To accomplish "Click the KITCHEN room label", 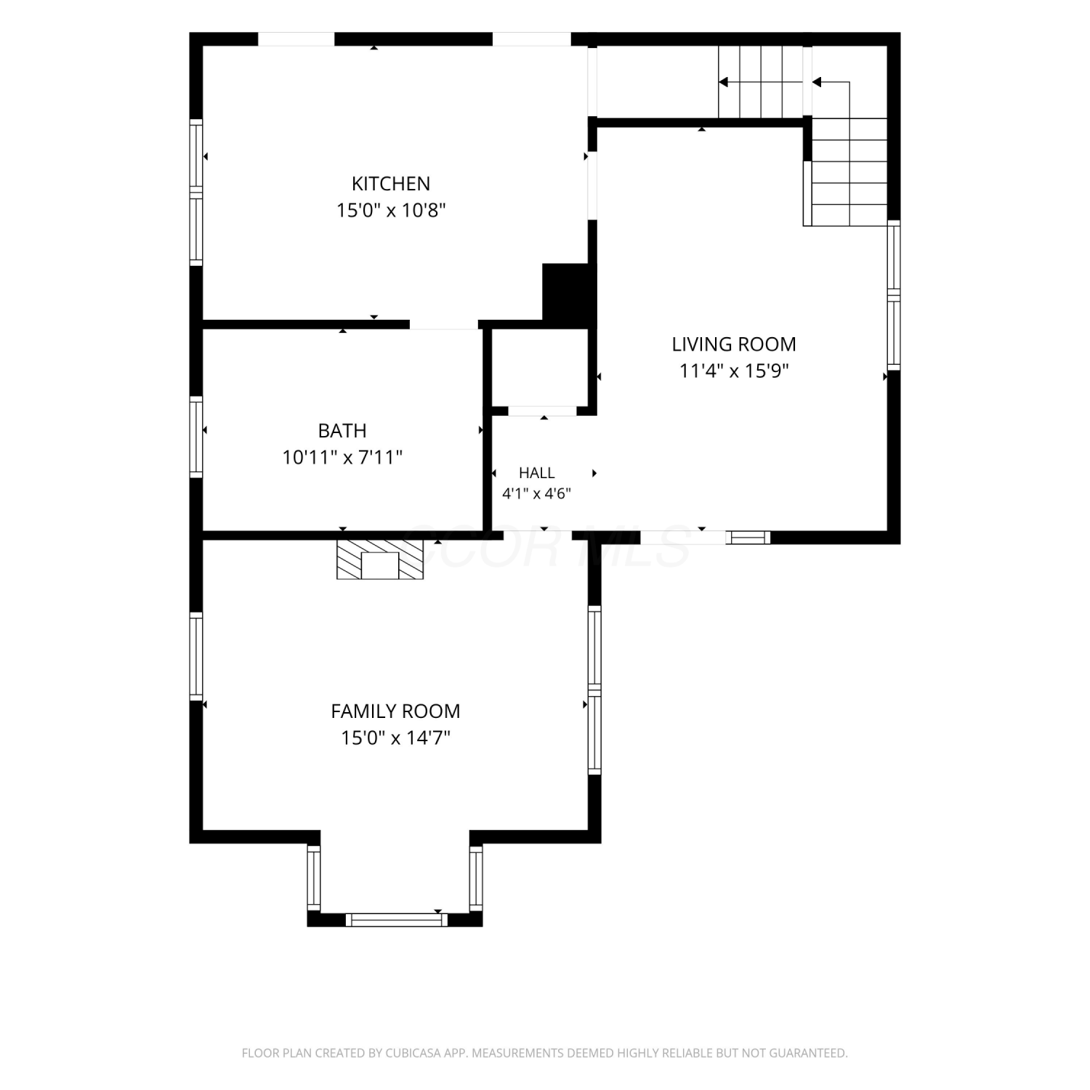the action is tap(391, 183).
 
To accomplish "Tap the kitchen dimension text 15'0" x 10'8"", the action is tap(391, 211).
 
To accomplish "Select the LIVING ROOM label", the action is tap(734, 344).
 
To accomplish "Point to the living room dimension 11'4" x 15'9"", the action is tap(734, 371).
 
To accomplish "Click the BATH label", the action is tap(342, 430).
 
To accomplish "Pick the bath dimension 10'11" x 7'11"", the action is tap(342, 458).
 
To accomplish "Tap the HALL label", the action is tap(537, 473).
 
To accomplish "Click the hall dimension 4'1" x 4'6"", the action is tap(537, 494).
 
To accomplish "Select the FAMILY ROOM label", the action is tap(395, 711).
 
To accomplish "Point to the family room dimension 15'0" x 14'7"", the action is tap(395, 738).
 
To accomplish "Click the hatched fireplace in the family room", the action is tap(380, 560).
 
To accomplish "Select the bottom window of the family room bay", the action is tap(396, 920).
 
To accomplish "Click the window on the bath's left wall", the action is tap(196, 437).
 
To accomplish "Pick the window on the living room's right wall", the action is tap(894, 295).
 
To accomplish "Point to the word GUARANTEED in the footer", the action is tap(811, 1053).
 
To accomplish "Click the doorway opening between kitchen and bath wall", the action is tap(444, 325).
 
